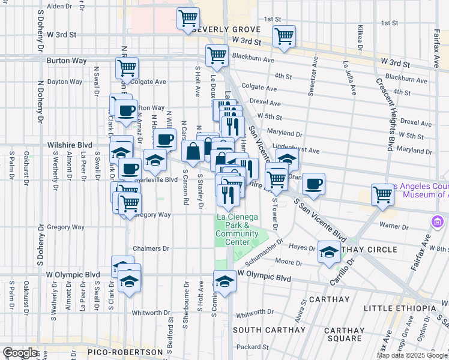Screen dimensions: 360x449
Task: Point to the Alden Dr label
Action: (59, 6)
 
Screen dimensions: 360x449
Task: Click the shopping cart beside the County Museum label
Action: (382, 194)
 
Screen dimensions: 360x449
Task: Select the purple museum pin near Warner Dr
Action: (436, 223)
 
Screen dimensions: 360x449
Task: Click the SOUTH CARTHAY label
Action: (261, 330)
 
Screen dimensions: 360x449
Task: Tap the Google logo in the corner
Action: (20, 353)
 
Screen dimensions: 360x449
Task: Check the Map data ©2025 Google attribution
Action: (412, 355)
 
